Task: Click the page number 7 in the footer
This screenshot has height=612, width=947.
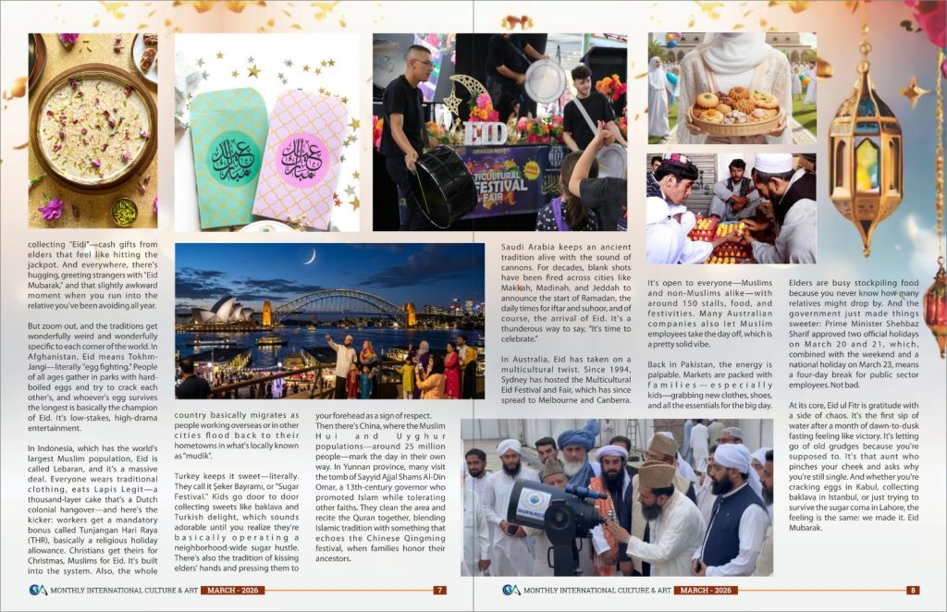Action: [x=440, y=590]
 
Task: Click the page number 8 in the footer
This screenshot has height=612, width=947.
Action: [x=912, y=590]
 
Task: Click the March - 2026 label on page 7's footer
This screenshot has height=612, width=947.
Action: [x=234, y=590]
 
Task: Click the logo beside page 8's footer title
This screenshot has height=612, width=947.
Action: [x=510, y=590]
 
